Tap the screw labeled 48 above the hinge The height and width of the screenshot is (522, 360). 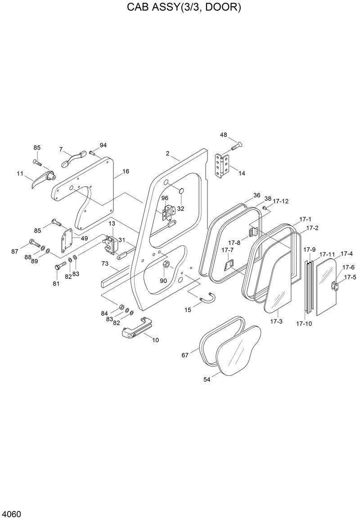click(236, 146)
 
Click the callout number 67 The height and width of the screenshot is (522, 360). click(185, 355)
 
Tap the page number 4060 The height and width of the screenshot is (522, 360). click(12, 514)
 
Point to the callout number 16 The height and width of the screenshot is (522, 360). click(126, 171)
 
